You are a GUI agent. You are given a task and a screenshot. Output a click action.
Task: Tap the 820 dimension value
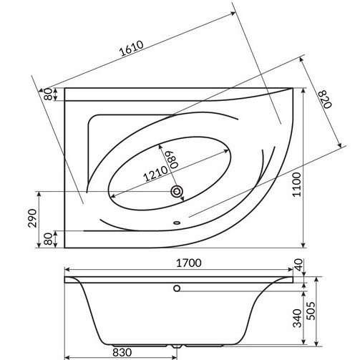(x=325, y=99)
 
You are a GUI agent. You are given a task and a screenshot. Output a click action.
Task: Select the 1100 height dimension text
(x=297, y=184)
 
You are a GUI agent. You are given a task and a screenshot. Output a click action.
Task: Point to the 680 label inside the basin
(x=174, y=160)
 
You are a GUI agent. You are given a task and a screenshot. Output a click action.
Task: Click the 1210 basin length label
(x=156, y=173)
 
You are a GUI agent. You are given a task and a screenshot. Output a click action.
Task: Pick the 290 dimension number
(x=33, y=218)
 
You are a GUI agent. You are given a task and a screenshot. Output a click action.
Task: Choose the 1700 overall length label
(x=189, y=263)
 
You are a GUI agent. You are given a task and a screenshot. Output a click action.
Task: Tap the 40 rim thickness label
(x=299, y=265)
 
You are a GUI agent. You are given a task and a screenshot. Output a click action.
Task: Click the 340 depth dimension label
(x=297, y=318)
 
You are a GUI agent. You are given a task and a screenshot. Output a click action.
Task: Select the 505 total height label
(x=311, y=311)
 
